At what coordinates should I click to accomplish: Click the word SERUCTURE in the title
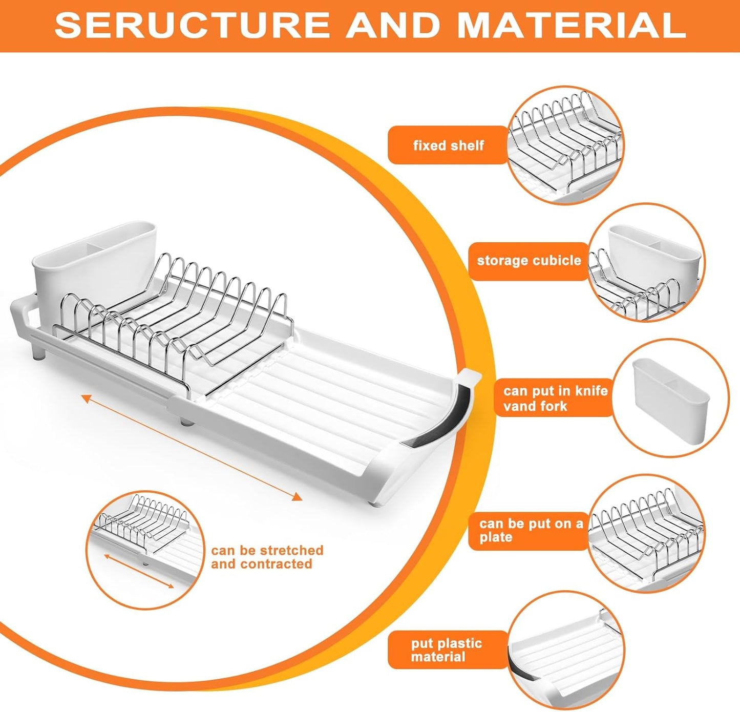[192, 25]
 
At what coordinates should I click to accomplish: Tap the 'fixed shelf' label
[448, 145]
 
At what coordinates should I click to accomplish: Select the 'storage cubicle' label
[528, 261]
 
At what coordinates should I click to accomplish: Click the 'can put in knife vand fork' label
[555, 398]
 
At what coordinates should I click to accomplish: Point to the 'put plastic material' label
[447, 650]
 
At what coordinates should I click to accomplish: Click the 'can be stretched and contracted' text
[267, 557]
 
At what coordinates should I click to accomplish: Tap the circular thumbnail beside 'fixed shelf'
[566, 145]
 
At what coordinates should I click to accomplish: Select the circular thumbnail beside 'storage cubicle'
[646, 262]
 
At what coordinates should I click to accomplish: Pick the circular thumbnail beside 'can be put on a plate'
[646, 533]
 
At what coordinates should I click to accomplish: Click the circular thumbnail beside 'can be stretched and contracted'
[145, 550]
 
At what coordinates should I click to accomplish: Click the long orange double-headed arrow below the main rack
[192, 447]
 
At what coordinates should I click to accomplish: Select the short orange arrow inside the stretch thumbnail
[139, 571]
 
